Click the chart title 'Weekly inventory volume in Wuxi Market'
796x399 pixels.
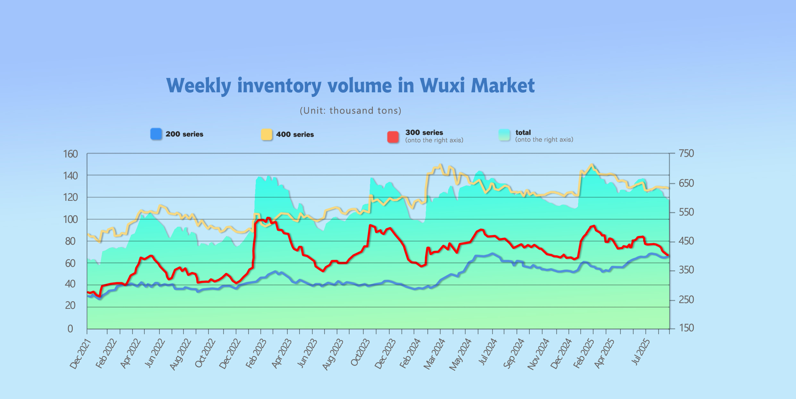350,86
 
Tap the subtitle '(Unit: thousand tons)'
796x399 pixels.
350,111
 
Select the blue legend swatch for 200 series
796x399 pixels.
156,134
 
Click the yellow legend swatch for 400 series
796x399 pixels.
266,134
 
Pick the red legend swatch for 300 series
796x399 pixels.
393,137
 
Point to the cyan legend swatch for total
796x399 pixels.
504,135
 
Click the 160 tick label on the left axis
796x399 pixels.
71,154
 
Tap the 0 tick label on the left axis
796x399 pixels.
70,329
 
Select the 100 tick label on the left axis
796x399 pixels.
71,220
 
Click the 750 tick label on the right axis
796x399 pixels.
686,154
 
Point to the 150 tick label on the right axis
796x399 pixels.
686,328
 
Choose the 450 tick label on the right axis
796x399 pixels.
686,241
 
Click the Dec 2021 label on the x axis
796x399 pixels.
80,354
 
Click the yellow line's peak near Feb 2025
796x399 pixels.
591,165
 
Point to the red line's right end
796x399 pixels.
668,256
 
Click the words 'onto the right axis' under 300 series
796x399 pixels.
434,140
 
